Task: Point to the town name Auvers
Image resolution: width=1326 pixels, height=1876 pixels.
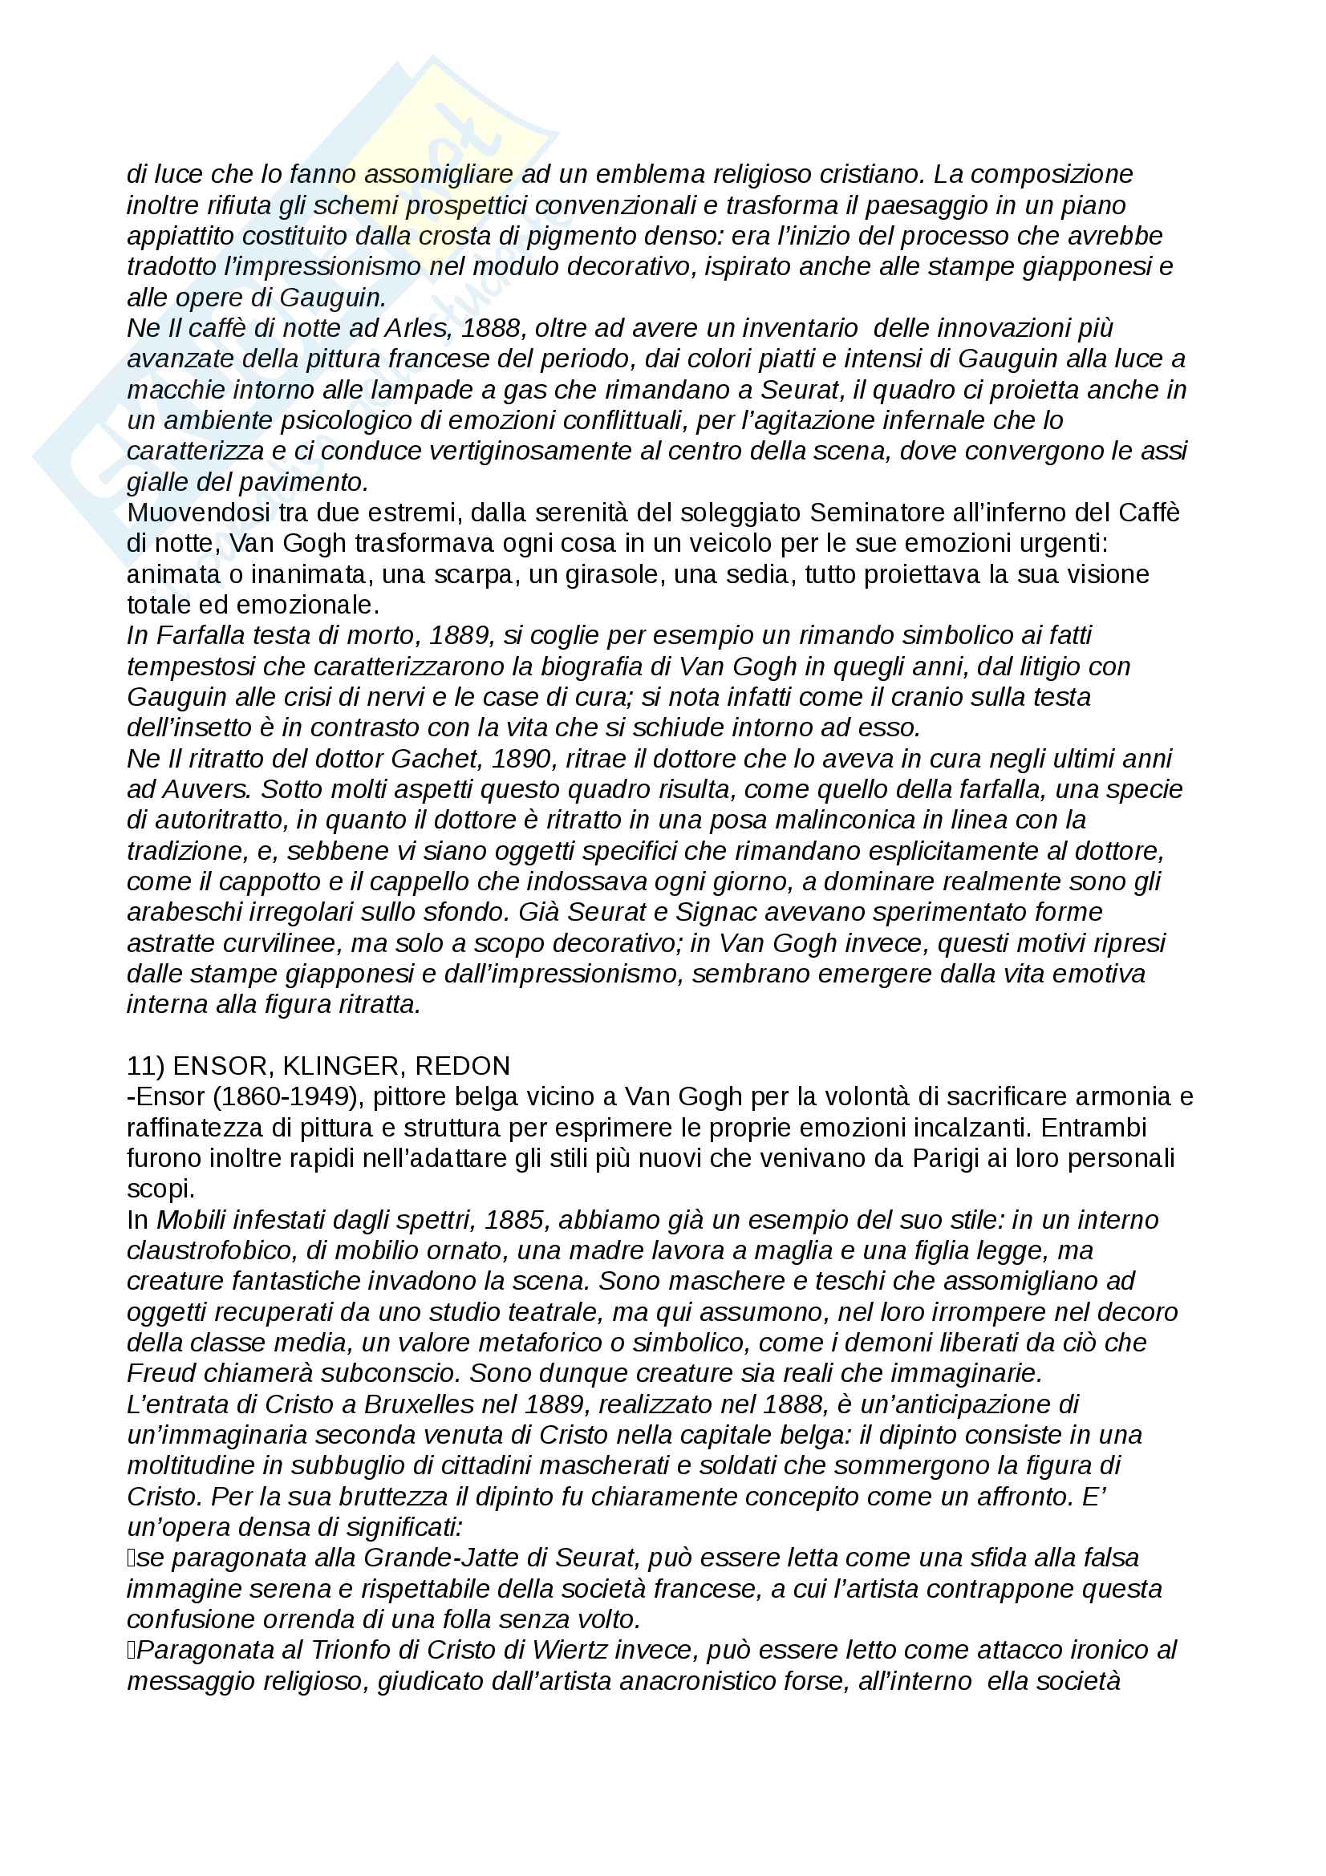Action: point(206,790)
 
